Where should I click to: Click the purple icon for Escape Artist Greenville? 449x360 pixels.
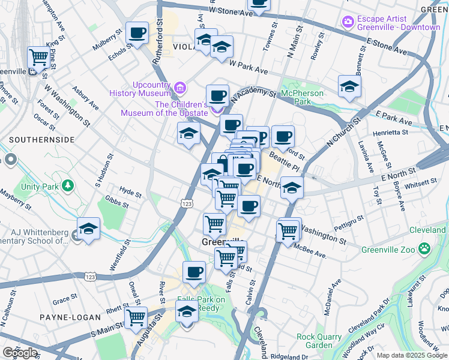pos(348,22)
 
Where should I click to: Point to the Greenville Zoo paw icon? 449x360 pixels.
pos(424,247)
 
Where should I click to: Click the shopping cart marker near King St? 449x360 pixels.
pos(38,57)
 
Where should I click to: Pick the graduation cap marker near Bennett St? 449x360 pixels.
pos(349,86)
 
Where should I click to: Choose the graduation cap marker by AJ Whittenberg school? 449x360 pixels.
pos(88,229)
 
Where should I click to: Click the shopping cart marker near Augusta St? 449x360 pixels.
pos(136,316)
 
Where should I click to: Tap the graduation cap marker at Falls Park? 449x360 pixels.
pos(187,311)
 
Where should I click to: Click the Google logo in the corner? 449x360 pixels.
pos(20,353)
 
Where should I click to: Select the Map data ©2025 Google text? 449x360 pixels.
pos(412,355)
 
